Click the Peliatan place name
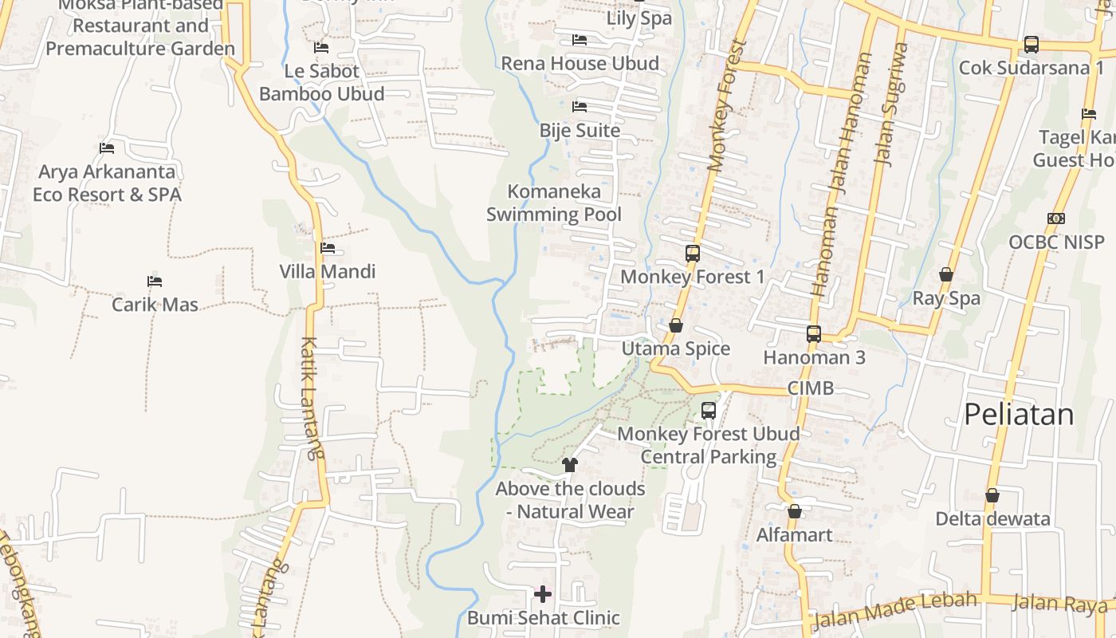(1019, 415)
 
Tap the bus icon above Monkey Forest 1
(692, 254)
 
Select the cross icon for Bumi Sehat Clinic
(543, 594)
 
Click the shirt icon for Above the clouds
(569, 464)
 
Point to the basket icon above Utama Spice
(676, 325)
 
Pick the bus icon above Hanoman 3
(813, 334)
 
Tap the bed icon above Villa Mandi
(328, 248)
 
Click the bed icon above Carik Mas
(155, 282)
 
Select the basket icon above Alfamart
(794, 511)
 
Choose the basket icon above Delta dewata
(992, 495)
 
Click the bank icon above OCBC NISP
(1056, 219)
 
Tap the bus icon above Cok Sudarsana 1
(1031, 45)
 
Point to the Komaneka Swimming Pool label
(553, 203)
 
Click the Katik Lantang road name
(312, 399)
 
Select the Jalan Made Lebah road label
(894, 610)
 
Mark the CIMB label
(810, 388)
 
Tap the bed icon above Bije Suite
(580, 107)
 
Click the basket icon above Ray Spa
(945, 275)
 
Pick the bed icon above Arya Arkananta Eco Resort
(107, 148)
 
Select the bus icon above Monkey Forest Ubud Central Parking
(708, 411)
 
